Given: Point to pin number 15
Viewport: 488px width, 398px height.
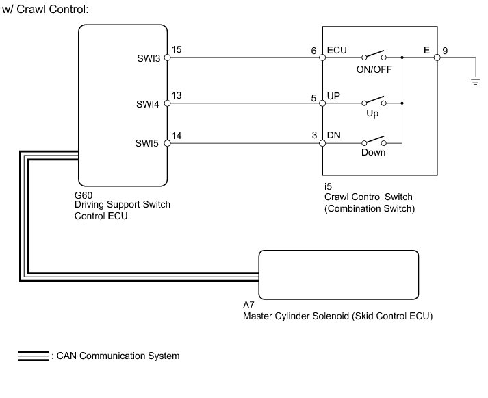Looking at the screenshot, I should (177, 50).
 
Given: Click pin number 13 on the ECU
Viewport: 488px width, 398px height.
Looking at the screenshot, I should (177, 96).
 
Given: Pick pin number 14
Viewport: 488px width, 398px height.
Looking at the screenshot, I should (177, 136).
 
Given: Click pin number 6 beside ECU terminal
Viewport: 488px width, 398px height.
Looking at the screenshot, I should (314, 50).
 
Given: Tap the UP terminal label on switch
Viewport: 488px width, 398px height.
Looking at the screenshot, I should (335, 97).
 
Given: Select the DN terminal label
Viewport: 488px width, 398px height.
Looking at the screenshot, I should (335, 136).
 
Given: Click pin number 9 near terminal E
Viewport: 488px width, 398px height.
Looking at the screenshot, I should (446, 50).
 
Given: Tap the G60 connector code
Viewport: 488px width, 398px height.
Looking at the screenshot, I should (84, 195).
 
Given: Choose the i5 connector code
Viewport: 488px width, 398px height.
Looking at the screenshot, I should (329, 186).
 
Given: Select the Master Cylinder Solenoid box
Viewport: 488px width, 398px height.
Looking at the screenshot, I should (338, 275).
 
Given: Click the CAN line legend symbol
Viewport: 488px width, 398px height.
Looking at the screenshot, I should (33, 356).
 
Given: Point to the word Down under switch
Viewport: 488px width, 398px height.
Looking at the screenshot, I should (373, 153).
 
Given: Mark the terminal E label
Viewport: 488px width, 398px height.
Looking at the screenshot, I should (428, 50).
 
